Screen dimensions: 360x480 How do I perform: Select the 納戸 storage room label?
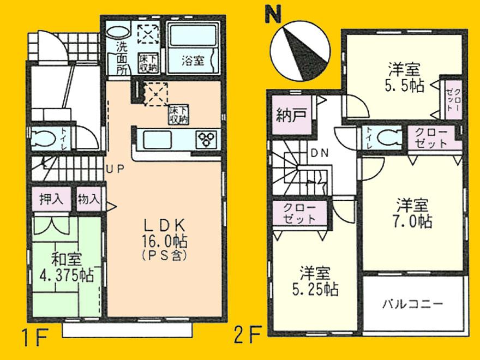(x=287, y=116)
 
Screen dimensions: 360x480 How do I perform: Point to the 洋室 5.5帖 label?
(x=404, y=77)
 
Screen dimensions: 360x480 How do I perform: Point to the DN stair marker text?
(x=320, y=153)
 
